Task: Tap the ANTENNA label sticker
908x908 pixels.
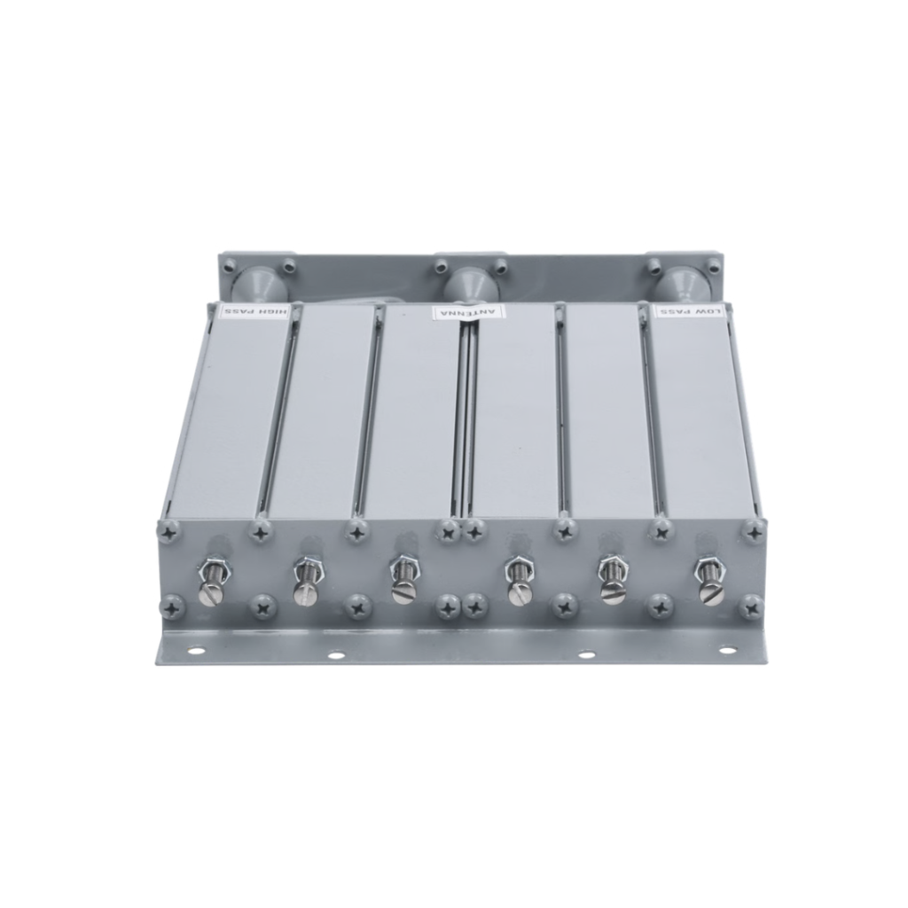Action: pyautogui.click(x=469, y=312)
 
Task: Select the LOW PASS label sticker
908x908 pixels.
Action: pyautogui.click(x=689, y=311)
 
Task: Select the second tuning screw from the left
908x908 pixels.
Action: pyautogui.click(x=304, y=582)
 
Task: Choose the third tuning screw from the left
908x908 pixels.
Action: pyautogui.click(x=400, y=582)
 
